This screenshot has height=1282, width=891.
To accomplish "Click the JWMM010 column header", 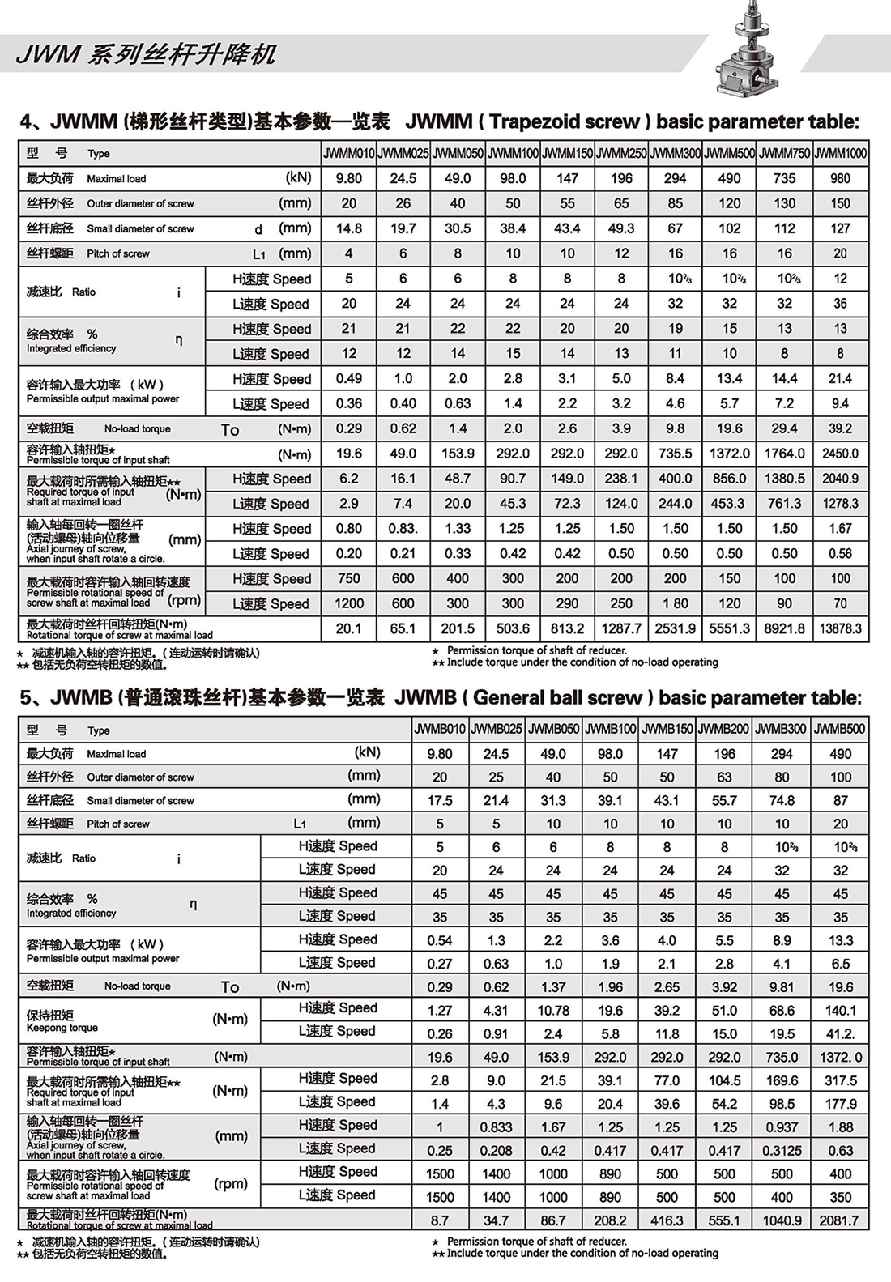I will tap(349, 153).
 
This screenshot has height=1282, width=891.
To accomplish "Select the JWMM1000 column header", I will tap(841, 153).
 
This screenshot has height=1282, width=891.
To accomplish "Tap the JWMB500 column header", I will tap(840, 729).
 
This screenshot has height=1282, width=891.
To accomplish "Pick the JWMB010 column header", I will tap(440, 729).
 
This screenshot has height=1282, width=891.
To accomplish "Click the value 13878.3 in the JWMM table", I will tap(841, 628).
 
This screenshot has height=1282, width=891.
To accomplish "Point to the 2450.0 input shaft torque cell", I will tap(841, 454).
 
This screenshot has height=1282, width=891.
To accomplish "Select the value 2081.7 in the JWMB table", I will tap(840, 1220).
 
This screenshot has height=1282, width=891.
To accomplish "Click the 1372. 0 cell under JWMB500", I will tap(840, 1057).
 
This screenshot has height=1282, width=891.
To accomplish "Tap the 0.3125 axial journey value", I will tap(782, 1150).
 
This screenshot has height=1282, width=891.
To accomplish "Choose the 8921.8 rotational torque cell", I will tap(784, 628).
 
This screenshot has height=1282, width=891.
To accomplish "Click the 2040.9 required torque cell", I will tap(841, 479).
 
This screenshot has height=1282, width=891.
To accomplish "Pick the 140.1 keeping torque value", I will tap(840, 1010).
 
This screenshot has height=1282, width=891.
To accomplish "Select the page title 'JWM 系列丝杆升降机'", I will tap(146, 55).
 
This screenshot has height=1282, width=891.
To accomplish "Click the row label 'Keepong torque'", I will tap(62, 1028).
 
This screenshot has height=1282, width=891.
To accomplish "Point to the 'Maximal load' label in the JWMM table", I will tap(116, 179).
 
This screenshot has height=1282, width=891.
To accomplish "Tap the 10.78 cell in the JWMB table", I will tap(553, 1010).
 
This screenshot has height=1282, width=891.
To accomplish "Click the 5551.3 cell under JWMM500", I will tap(729, 628).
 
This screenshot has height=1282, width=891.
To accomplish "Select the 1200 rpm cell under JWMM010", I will tap(349, 603).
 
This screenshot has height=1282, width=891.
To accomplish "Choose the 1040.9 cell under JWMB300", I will tap(782, 1220).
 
